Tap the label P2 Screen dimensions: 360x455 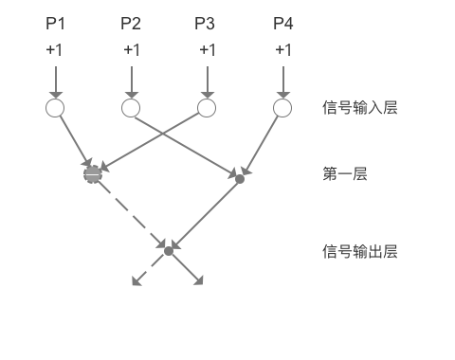click(x=131, y=22)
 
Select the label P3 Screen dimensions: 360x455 click(x=206, y=22)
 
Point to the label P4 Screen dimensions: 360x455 click(x=282, y=22)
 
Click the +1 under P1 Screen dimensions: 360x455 click(x=54, y=49)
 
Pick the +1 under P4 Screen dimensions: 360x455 click(x=282, y=49)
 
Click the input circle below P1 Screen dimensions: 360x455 click(x=54, y=108)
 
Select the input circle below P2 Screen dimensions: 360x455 click(x=131, y=108)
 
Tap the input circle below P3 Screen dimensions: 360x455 click(x=206, y=108)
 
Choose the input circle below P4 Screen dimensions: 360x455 click(x=282, y=108)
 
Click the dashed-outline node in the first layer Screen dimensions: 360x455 click(x=92, y=173)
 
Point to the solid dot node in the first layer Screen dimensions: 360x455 click(x=240, y=178)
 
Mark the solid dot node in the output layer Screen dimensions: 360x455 click(x=169, y=251)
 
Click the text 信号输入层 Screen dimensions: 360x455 click(x=359, y=108)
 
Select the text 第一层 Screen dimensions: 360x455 click(x=344, y=173)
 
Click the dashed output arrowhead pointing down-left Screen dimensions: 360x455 click(x=135, y=281)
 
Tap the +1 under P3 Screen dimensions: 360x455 click(x=206, y=49)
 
